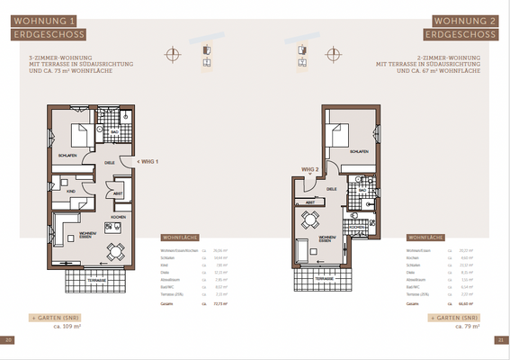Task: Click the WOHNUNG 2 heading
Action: [x=465, y=20]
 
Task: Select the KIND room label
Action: [x=71, y=191]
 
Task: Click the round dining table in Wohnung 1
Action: [x=113, y=251]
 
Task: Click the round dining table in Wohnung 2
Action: [x=310, y=219]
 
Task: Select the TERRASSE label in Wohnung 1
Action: [x=97, y=281]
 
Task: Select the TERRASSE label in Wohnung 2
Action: [x=329, y=280]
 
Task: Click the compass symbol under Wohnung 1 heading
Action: [x=172, y=54]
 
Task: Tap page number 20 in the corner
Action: [x=8, y=339]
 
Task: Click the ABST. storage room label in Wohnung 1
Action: [x=117, y=194]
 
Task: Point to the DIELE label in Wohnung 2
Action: [x=331, y=189]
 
